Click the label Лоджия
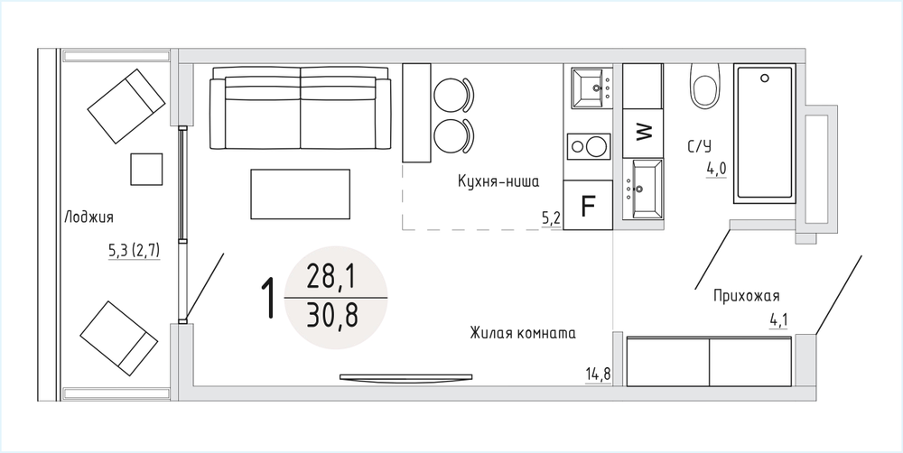pos(88,217)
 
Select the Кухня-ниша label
pos(498,182)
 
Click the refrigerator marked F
pos(588,205)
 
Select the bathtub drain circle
pos(765,78)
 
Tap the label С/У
pos(699,146)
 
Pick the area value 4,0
pos(716,170)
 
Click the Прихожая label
pos(747,297)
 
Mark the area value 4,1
pos(779,320)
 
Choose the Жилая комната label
pos(522,334)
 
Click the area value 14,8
pos(598,374)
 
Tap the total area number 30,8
pos(332,316)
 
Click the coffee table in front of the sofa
pos(301,194)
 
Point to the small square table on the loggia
pos(146,170)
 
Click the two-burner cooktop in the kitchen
pos(588,147)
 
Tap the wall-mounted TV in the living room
pos(406,377)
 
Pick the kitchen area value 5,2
pos(551,218)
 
